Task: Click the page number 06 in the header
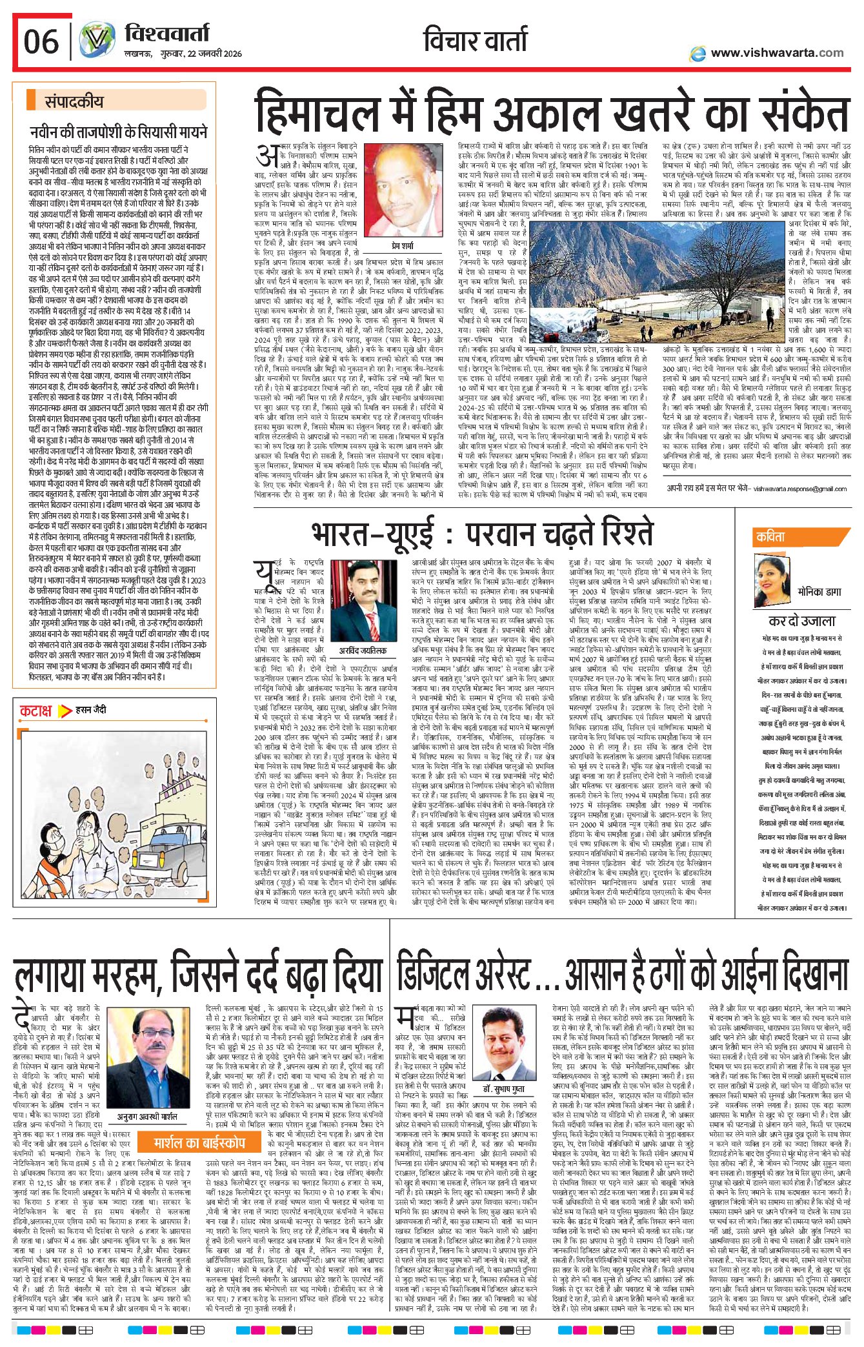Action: point(41,43)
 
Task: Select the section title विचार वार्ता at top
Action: point(476,41)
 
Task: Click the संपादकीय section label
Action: point(74,101)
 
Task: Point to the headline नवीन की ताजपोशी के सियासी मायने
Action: point(119,132)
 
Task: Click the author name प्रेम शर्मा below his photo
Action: point(403,246)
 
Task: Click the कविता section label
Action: point(771,536)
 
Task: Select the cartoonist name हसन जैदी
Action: point(91,710)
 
